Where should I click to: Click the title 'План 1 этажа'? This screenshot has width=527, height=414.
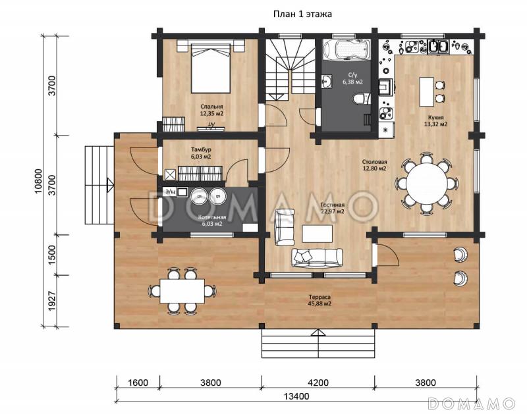pyautogui.click(x=302, y=14)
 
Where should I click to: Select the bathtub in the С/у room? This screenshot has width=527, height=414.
pyautogui.click(x=347, y=50)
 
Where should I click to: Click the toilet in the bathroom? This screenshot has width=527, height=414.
pyautogui.click(x=362, y=99)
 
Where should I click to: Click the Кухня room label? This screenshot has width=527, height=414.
pyautogui.click(x=435, y=121)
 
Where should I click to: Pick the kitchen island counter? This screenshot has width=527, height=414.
pyautogui.click(x=426, y=91)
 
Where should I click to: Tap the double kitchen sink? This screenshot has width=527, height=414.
pyautogui.click(x=438, y=47)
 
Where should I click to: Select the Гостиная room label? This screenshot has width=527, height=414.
pyautogui.click(x=333, y=208)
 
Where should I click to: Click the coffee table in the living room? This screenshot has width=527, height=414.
pyautogui.click(x=318, y=234)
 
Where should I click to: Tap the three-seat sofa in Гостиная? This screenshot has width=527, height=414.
pyautogui.click(x=317, y=258)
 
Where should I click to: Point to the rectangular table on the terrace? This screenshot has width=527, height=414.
pyautogui.click(x=182, y=291)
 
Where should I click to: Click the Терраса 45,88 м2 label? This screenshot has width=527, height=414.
pyautogui.click(x=319, y=300)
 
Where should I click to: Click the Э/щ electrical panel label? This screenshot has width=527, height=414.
pyautogui.click(x=171, y=192)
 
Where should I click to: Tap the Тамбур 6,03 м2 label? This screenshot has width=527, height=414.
pyautogui.click(x=201, y=153)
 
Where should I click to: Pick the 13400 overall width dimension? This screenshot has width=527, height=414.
pyautogui.click(x=296, y=396)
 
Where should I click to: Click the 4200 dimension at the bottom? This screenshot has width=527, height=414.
pyautogui.click(x=318, y=382)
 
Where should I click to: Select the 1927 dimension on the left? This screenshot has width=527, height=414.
pyautogui.click(x=52, y=301)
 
